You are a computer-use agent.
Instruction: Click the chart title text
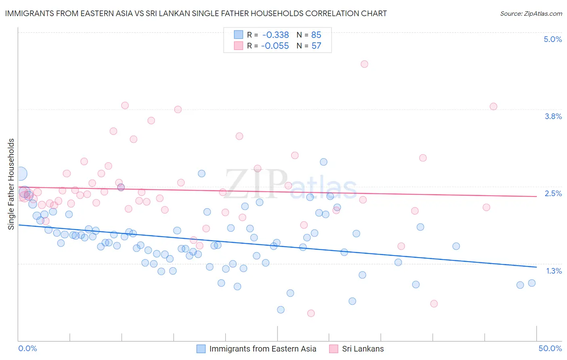click(196, 14)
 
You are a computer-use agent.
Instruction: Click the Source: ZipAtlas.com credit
click(531, 14)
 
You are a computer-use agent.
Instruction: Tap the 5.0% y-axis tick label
click(552, 39)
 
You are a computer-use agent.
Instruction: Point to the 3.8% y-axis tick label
click(553, 116)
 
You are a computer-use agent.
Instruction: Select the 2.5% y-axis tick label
click(553, 193)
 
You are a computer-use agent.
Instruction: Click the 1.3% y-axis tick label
click(554, 271)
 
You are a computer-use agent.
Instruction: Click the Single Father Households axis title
click(11, 184)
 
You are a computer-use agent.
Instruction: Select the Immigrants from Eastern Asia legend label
click(263, 349)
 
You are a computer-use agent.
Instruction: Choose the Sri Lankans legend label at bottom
click(363, 349)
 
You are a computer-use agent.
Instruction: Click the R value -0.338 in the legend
click(275, 35)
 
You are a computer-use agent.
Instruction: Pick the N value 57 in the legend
click(316, 46)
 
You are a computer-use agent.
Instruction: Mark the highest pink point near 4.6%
click(364, 64)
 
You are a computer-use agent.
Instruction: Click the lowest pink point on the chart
click(311, 313)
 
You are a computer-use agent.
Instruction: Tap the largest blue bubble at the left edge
click(21, 174)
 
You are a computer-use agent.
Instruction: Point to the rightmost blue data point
click(532, 283)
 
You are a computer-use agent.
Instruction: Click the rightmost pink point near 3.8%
click(493, 107)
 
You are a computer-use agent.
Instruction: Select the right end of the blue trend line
click(536, 267)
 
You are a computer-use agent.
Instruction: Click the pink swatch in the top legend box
click(239, 46)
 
